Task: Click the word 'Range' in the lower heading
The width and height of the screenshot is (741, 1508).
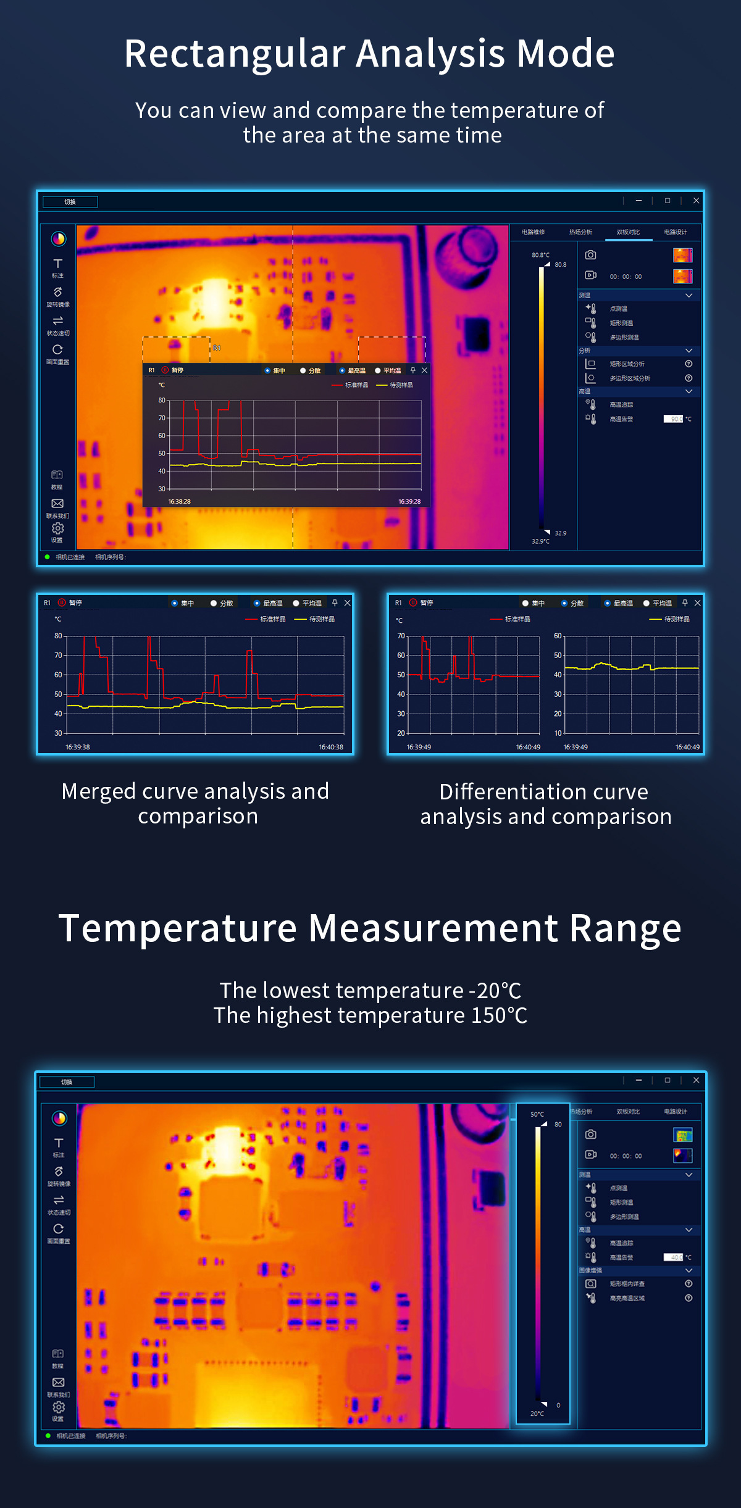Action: click(x=625, y=928)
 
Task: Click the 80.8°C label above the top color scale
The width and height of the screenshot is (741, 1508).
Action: click(x=540, y=255)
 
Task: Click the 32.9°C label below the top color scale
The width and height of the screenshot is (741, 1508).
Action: click(x=540, y=541)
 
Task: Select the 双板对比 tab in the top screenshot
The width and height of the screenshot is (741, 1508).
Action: click(x=628, y=232)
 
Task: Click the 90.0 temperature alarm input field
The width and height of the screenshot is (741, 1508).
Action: click(x=673, y=419)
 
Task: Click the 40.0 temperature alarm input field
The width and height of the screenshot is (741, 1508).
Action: click(x=673, y=1257)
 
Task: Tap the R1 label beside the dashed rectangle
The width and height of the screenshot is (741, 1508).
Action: click(x=217, y=348)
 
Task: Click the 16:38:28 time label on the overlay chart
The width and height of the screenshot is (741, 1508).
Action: click(x=180, y=501)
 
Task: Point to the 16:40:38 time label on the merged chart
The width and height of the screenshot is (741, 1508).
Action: click(x=331, y=747)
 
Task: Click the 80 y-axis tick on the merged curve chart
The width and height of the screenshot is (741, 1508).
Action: click(x=58, y=636)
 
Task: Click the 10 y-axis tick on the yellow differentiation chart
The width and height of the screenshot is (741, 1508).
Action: click(x=558, y=733)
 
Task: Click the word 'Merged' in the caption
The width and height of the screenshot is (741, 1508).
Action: click(x=98, y=791)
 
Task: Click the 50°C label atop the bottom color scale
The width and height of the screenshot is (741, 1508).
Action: click(x=537, y=1114)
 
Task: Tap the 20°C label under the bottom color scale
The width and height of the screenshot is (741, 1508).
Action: click(x=537, y=1414)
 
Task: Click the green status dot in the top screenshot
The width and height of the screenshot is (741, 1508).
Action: click(x=48, y=557)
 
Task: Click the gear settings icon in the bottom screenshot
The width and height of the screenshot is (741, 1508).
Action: click(x=58, y=1407)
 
